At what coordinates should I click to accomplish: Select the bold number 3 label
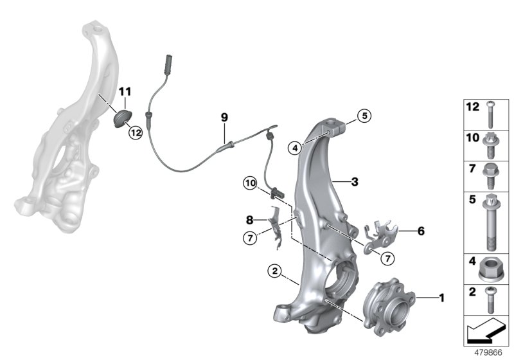tap(353, 182)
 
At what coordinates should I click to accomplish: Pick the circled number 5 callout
tap(364, 116)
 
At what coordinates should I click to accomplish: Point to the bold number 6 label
tap(421, 230)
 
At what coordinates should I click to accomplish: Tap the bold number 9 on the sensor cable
tap(224, 118)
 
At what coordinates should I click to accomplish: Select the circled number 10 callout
tap(250, 183)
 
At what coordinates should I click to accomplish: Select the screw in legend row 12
tap(490, 114)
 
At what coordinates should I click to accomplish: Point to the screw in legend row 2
tap(490, 298)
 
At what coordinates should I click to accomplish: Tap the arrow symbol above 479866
tap(485, 330)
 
